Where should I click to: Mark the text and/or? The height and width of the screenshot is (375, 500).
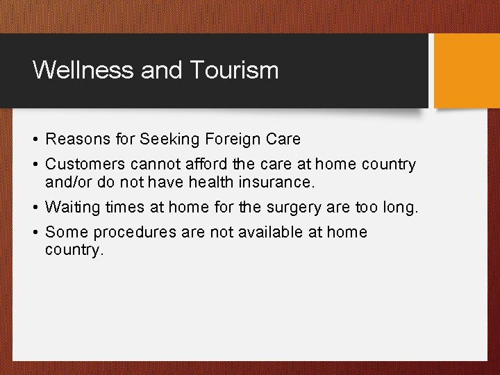click(x=68, y=183)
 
